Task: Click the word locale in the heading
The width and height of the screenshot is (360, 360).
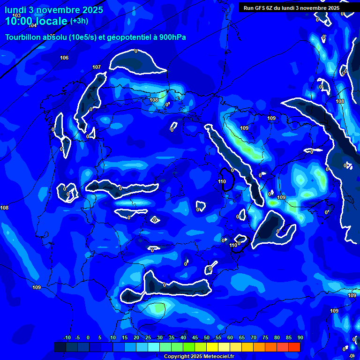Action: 51,21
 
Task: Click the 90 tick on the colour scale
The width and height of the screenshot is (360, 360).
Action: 300,337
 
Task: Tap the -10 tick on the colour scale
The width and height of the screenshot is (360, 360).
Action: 67,337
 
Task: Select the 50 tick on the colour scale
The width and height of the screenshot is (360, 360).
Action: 207,337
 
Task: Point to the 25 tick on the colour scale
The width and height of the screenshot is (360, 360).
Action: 148,337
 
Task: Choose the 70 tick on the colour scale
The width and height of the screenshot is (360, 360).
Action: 254,337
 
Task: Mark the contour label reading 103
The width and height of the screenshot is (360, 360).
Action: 16,15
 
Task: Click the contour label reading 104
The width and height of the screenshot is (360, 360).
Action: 32,25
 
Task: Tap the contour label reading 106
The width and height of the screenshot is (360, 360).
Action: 64,58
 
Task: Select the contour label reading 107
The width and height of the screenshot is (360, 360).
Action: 97,67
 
